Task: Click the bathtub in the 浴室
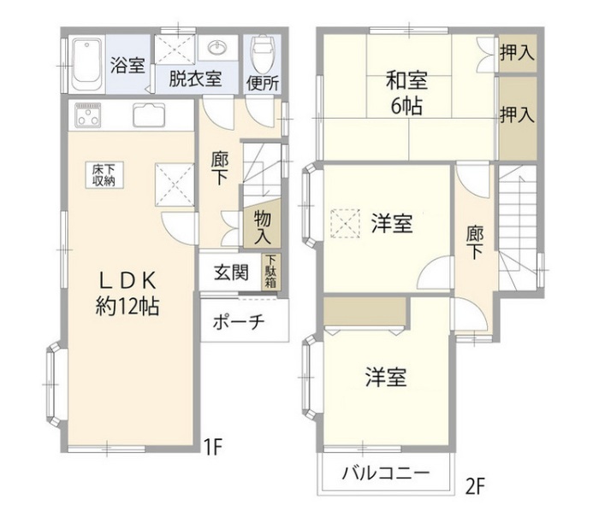coord(86,63)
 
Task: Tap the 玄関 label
coord(231,273)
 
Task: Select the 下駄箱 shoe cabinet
coord(270,273)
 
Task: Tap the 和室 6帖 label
coord(406,94)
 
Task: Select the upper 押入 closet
coord(518,51)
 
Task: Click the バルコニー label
coord(384,472)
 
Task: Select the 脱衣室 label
coord(195,79)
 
